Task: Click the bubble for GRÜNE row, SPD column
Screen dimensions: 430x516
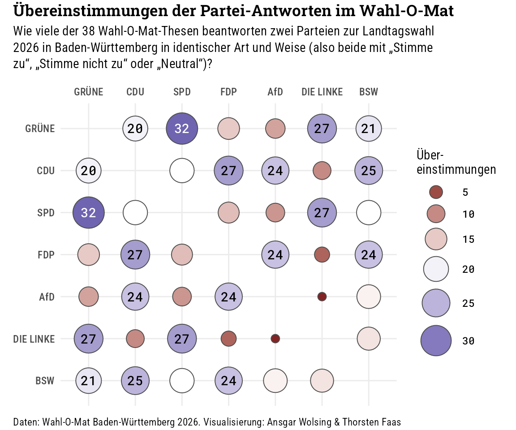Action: click(x=182, y=129)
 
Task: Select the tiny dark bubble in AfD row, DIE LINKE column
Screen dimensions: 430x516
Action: click(x=322, y=297)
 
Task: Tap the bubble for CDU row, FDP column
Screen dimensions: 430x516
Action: click(x=228, y=171)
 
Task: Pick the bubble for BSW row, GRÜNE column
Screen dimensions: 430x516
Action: click(x=89, y=381)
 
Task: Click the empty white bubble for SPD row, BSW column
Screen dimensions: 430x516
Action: click(x=369, y=213)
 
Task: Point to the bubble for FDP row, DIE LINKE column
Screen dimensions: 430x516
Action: click(x=322, y=254)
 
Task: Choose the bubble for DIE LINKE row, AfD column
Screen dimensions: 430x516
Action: click(x=275, y=339)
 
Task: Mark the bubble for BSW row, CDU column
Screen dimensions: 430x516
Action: click(x=135, y=381)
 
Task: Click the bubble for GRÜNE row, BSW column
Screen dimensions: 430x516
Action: click(x=369, y=129)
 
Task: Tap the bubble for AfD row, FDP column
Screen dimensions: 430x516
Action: click(x=228, y=297)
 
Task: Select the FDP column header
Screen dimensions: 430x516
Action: click(x=228, y=92)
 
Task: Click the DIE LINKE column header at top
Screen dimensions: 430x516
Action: click(x=322, y=92)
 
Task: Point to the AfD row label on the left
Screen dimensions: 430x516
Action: click(x=47, y=297)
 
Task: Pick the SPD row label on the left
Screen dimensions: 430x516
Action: click(x=46, y=213)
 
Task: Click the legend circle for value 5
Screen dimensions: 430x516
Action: click(x=436, y=192)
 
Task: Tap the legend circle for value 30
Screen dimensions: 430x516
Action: click(x=436, y=340)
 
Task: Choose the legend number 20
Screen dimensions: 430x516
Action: click(x=468, y=269)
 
